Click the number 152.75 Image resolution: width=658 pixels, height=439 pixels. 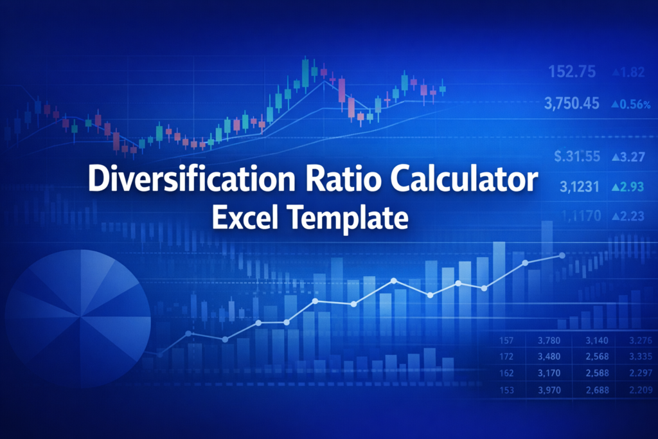tap(573, 72)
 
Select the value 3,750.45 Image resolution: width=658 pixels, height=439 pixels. tap(572, 103)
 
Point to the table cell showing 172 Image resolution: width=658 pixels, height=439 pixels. tap(506, 356)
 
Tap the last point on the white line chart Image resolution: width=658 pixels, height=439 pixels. tap(562, 256)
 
